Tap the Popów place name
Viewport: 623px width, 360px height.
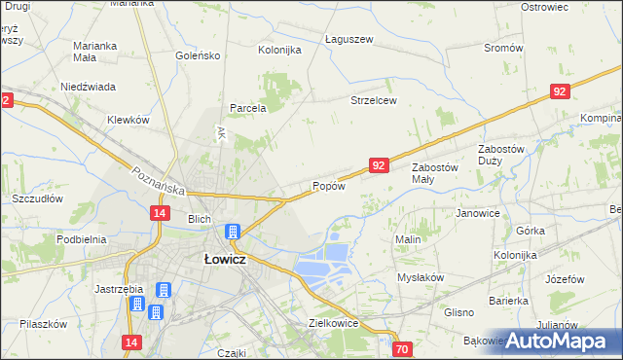pos(328,187)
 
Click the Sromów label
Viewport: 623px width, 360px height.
pos(503,48)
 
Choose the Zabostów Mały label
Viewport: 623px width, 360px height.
pos(434,173)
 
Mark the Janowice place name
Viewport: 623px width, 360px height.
pos(477,213)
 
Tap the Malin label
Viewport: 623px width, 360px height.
pos(407,239)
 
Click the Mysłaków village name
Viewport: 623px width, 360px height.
pos(421,277)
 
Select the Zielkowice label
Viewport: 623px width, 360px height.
pos(334,322)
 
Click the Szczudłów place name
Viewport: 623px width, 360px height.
pos(37,198)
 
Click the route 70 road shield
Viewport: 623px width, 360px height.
pos(403,348)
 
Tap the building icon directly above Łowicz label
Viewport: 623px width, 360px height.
pos(234,233)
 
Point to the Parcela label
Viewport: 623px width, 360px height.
pos(247,109)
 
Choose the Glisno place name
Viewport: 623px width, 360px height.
pos(458,312)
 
